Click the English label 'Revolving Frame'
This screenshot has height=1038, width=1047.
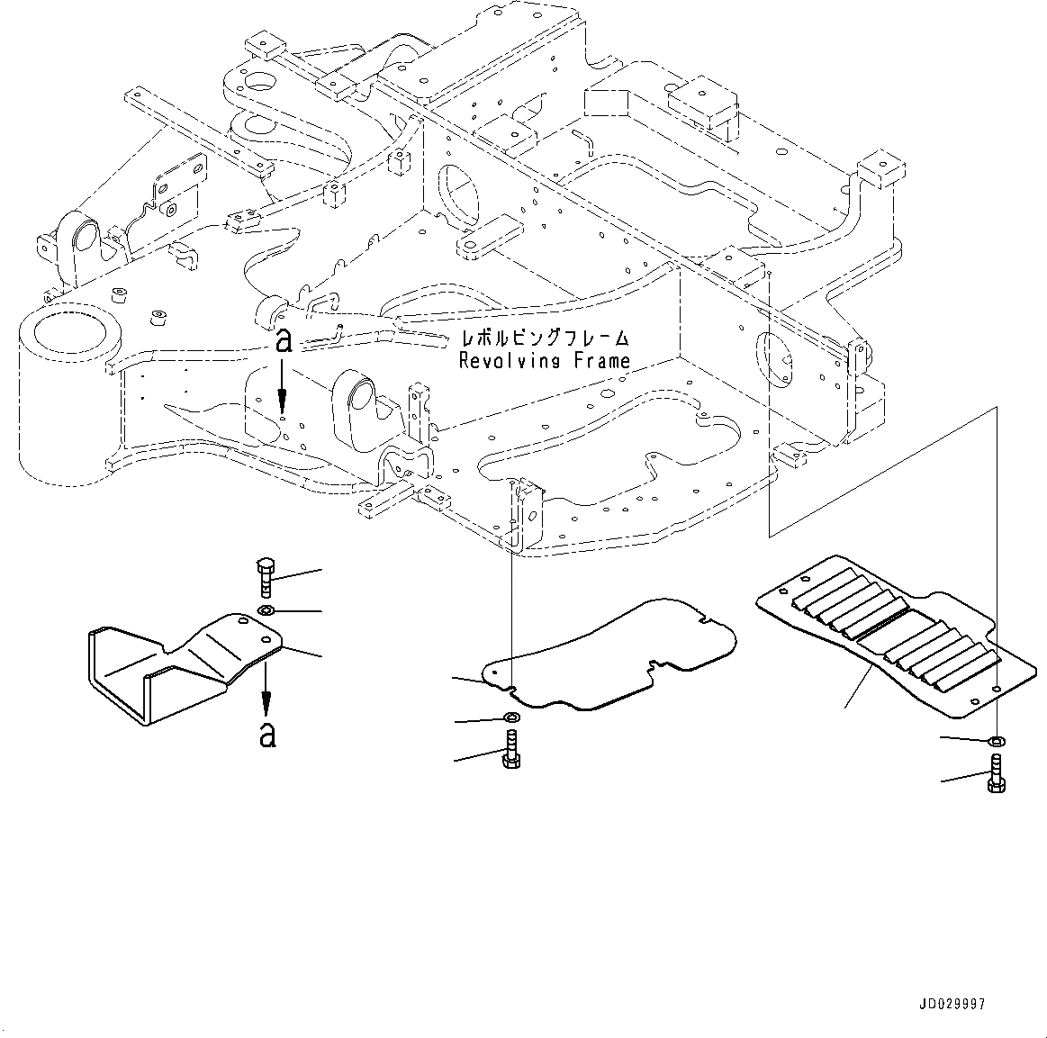coord(544,361)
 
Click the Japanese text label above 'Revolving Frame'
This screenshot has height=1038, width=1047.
coord(544,339)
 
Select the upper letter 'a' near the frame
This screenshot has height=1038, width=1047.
coord(284,340)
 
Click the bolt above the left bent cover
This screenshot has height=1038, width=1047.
coord(266,577)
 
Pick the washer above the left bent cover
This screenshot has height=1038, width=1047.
coord(266,612)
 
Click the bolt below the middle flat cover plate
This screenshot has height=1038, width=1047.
coord(509,751)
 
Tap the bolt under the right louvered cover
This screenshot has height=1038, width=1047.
coord(997,774)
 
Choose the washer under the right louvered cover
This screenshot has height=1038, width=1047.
coord(997,741)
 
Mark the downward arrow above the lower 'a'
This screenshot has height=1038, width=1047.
coord(266,690)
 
